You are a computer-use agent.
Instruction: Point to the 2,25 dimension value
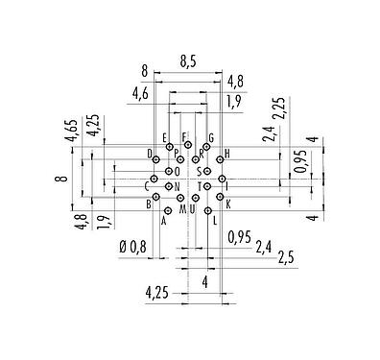pos(278,108)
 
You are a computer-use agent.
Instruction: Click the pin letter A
pos(164,221)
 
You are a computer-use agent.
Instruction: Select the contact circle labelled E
pos(170,147)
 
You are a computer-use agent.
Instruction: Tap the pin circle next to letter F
pos(188,146)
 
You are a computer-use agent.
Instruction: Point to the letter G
pos(209,137)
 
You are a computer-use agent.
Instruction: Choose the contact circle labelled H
pos(221,154)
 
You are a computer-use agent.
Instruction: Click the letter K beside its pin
pos(228,204)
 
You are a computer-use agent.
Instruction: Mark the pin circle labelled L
pos(206,209)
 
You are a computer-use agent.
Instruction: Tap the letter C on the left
pos(146,185)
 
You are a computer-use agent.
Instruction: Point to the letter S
pos(199,172)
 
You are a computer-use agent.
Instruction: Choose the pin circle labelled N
pos(169,185)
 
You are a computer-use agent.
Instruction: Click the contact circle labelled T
pos(207,185)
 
